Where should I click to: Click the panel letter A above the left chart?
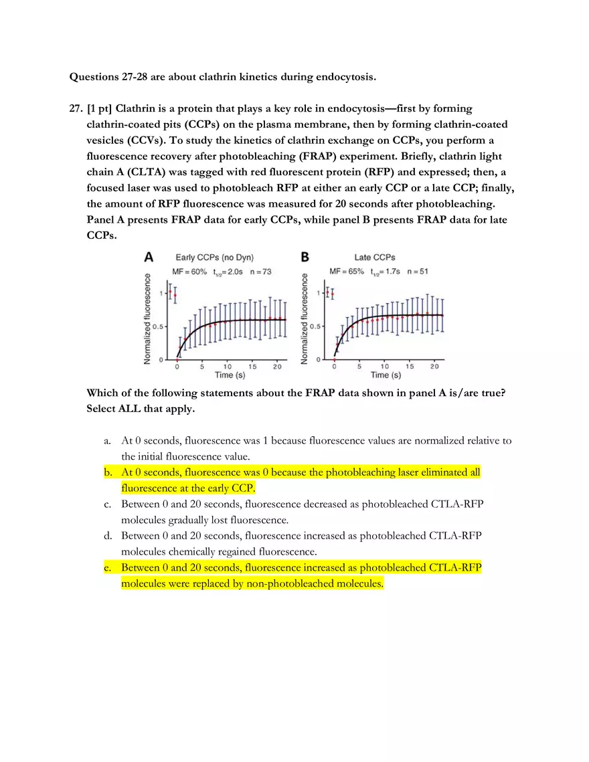pyautogui.click(x=149, y=257)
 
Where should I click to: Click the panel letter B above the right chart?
pyautogui.click(x=305, y=257)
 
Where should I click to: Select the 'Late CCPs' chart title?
pyautogui.click(x=375, y=258)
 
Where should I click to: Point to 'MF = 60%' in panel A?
pyautogui.click(x=189, y=272)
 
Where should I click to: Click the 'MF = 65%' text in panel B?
pyautogui.click(x=347, y=272)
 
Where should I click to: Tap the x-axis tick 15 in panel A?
pyautogui.click(x=252, y=367)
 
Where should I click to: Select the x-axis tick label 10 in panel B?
pyautogui.click(x=384, y=367)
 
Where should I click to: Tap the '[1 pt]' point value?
pyautogui.click(x=100, y=108)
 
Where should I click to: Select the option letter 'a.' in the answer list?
pyautogui.click(x=108, y=441)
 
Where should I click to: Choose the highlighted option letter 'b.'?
pyautogui.click(x=108, y=472)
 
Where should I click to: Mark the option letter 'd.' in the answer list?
pyautogui.click(x=108, y=536)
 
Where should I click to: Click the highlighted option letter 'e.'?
pyautogui.click(x=108, y=567)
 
